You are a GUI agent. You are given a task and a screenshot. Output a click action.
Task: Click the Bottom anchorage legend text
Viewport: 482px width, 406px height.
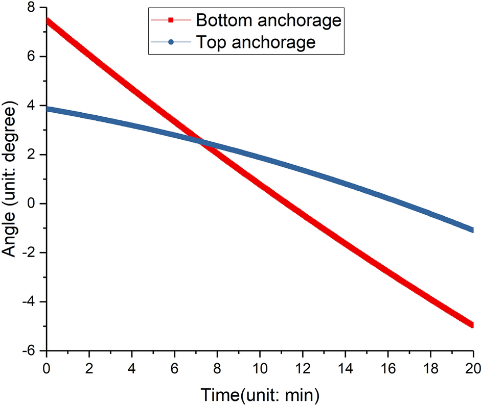[268, 20]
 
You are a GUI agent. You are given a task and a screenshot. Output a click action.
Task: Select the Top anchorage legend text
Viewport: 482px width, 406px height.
[255, 42]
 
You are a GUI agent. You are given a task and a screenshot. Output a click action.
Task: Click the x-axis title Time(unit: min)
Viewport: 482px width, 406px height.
[260, 394]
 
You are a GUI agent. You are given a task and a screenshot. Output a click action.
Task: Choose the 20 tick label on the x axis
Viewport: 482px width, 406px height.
[473, 367]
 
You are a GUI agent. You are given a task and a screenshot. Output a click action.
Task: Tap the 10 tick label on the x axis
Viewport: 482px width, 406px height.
[260, 367]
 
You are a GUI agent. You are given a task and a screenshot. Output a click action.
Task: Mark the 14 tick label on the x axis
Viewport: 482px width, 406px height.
[345, 367]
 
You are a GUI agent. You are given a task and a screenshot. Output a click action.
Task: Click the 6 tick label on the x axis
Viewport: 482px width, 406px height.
[175, 367]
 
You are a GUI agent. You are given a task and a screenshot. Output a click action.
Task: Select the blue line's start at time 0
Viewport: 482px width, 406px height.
[47, 109]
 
